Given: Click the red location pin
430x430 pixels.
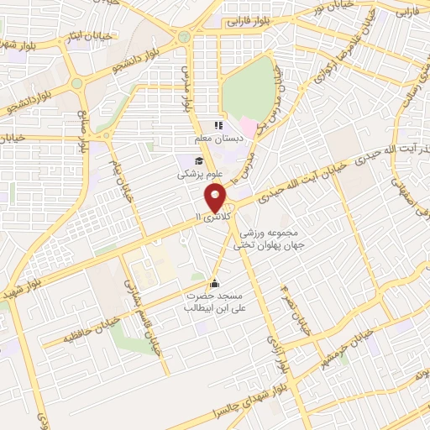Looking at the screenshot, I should pyautogui.click(x=216, y=198).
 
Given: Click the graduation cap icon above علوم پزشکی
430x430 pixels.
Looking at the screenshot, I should pyautogui.click(x=197, y=161).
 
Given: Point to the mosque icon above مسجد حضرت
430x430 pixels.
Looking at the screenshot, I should pyautogui.click(x=214, y=282).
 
